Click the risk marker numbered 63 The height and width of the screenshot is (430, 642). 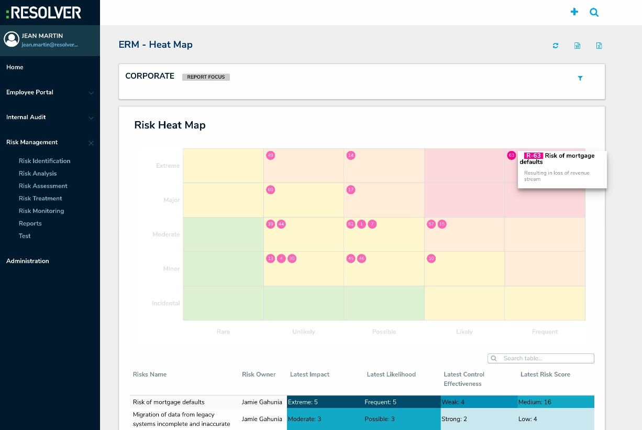point(511,155)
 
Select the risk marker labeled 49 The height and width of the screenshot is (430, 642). point(270,155)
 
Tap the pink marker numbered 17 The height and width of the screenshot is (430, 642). point(351,190)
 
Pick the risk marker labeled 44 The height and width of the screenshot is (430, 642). point(281,224)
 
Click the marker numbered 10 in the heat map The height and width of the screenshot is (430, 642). point(431,259)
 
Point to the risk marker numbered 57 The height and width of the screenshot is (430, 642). point(431,224)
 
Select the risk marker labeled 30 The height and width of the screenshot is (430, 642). point(292,259)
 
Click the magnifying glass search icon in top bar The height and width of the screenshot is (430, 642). point(594,12)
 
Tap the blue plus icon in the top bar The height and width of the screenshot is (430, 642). point(574,12)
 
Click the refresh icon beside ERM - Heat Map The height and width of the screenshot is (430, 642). point(556,46)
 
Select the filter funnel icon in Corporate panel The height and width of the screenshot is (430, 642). point(580,78)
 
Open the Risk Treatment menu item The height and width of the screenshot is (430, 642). point(40,198)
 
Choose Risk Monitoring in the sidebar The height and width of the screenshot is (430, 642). point(41,211)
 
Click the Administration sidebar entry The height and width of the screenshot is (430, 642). point(28,261)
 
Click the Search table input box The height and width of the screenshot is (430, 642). point(545,358)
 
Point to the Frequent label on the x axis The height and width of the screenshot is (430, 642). point(545,331)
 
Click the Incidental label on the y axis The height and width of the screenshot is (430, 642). point(165,303)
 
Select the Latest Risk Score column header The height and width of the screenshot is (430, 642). point(545,374)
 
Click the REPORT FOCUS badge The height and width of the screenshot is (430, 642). point(206,77)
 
